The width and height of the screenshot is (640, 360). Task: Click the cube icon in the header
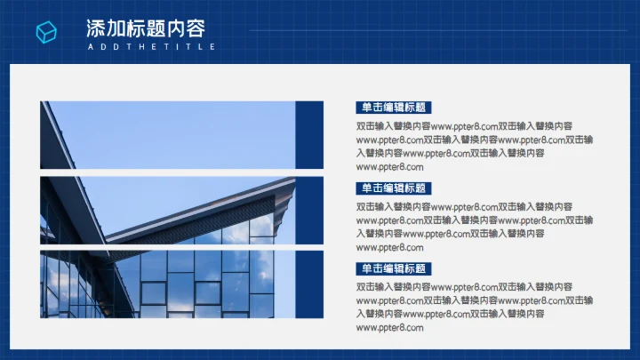point(45,33)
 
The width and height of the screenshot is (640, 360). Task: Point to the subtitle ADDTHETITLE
point(151,46)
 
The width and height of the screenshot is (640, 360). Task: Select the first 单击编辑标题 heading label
point(392,108)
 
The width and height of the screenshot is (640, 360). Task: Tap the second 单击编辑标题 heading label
point(392,188)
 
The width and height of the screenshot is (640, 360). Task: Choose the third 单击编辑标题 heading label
point(392,268)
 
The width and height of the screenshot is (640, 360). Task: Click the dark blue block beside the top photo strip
point(308,135)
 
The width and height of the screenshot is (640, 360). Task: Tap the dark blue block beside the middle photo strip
point(308,210)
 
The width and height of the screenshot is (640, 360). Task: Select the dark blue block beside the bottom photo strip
point(308,284)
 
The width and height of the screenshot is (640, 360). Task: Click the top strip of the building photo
point(167,135)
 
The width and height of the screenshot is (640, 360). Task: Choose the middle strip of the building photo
point(167,210)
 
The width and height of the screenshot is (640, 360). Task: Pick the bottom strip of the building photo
point(167,284)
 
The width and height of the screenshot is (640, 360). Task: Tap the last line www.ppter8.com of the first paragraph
point(390,167)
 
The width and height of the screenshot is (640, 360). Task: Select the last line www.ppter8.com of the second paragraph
point(390,248)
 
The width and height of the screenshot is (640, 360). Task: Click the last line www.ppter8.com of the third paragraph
point(390,328)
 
